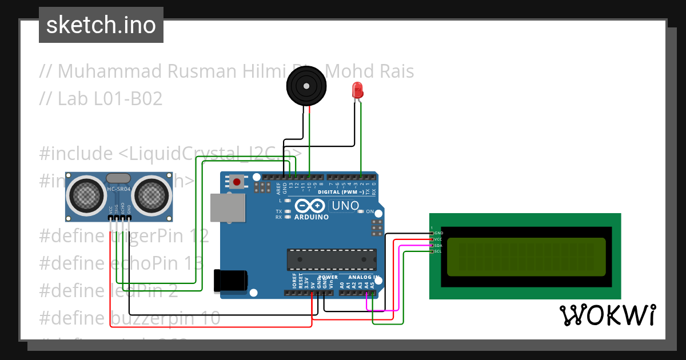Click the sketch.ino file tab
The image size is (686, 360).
click(x=101, y=25)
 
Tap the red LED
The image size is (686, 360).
click(x=357, y=91)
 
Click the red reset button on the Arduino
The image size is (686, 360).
click(x=237, y=182)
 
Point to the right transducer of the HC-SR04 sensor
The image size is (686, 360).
click(x=153, y=195)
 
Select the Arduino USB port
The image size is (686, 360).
click(x=227, y=207)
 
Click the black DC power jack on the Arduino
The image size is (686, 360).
click(x=230, y=280)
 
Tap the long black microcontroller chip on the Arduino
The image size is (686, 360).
click(x=332, y=259)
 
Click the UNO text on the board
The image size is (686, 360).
click(x=345, y=206)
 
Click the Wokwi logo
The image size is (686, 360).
click(x=607, y=315)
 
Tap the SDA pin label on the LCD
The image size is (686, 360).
click(x=438, y=245)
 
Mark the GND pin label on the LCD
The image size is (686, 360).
click(x=438, y=233)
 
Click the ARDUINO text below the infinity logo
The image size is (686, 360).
click(x=312, y=217)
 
